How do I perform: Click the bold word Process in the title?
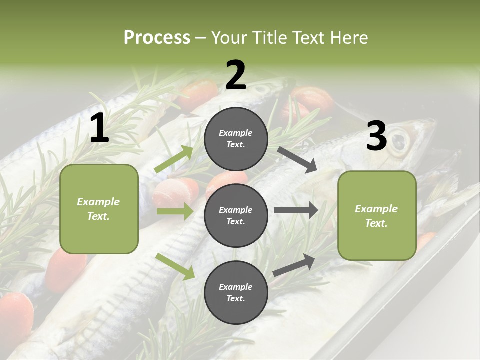(157, 38)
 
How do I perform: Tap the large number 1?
(99, 128)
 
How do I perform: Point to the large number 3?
(376, 136)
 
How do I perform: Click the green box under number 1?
(99, 209)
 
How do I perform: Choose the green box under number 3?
(377, 215)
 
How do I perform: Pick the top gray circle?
(236, 139)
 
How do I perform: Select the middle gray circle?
(236, 215)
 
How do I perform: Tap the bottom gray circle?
(236, 292)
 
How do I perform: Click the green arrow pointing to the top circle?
(174, 159)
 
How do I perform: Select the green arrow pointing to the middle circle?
(175, 211)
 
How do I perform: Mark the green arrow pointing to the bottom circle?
(175, 266)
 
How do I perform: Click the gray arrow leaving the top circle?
(297, 159)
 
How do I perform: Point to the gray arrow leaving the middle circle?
(296, 210)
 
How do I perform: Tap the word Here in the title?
(350, 38)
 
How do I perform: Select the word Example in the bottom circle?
(236, 287)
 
